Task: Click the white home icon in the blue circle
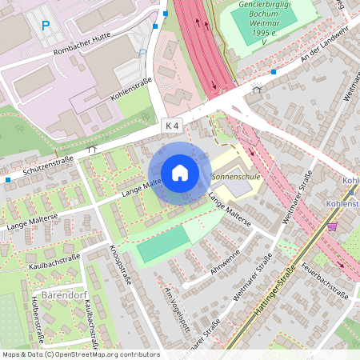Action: tap(180, 172)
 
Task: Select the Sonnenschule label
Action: tap(234, 174)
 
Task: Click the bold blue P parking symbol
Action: tap(46, 27)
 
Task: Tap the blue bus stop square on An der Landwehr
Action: tap(273, 72)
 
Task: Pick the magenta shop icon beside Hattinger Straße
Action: tap(333, 226)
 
